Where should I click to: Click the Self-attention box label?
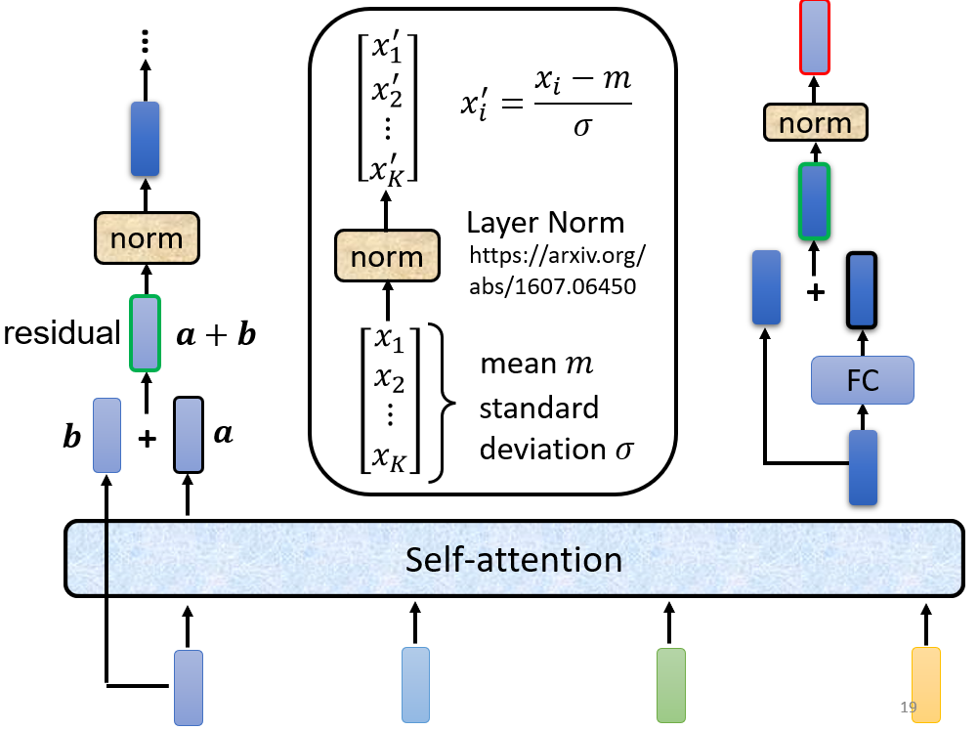(514, 560)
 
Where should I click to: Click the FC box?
(863, 380)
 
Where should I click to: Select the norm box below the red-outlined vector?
(815, 122)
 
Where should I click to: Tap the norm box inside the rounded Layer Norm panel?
(387, 256)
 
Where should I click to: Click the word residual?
(62, 332)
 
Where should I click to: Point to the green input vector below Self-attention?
(671, 685)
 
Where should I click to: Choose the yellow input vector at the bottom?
(926, 685)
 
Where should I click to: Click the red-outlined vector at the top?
(815, 37)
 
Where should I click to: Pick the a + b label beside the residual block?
(217, 334)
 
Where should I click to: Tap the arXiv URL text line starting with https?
(558, 255)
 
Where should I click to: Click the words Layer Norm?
(546, 223)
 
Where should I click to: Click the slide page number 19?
(909, 707)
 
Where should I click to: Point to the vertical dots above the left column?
(146, 41)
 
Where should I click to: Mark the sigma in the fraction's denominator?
(582, 127)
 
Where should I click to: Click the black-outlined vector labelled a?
(189, 435)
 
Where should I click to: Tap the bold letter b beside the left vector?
(72, 436)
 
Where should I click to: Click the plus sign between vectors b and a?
(148, 439)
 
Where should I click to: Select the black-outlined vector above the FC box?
(862, 290)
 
